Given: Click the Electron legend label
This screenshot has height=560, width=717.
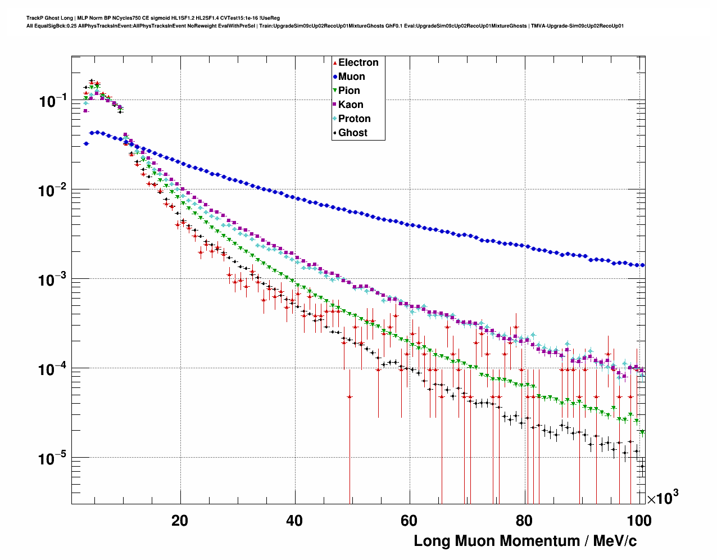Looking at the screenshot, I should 358,62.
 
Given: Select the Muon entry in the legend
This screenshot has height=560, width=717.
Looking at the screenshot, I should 351,76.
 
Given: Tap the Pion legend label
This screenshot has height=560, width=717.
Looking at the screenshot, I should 349,91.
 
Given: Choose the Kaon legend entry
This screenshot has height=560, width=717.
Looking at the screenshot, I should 351,105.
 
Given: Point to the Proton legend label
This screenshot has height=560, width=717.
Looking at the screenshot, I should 354,119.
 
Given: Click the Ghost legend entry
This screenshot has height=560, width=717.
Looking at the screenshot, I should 352,133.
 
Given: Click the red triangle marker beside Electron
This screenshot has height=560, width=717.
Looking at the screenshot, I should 335,62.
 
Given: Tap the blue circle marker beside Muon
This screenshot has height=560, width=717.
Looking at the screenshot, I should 335,76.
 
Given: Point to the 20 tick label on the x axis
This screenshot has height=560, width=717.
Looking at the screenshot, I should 180,521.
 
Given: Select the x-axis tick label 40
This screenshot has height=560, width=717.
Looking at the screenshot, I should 294,521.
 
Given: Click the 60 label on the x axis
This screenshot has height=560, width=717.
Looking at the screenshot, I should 409,521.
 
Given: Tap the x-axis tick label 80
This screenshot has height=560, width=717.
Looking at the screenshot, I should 524,521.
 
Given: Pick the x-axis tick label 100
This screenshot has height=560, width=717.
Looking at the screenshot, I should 639,521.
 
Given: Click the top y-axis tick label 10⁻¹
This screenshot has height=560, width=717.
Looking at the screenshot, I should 53,101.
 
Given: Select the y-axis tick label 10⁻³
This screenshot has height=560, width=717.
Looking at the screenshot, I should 53,279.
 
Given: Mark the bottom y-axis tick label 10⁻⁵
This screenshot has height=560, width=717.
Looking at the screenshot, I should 53,459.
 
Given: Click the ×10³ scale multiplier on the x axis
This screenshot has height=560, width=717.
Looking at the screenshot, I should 662,498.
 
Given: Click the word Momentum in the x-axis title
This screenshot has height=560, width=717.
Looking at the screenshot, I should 539,541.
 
